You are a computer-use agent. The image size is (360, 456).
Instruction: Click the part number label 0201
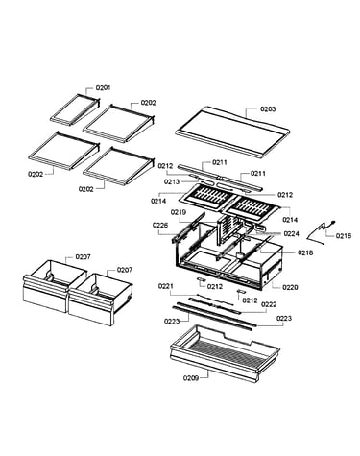(103, 87)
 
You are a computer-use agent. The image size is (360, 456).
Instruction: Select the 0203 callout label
(268, 108)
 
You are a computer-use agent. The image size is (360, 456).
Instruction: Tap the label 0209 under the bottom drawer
(191, 378)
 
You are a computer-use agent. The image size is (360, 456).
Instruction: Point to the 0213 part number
(172, 181)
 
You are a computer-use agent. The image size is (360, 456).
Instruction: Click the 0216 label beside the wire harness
(344, 236)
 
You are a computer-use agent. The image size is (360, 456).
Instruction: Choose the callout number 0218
(305, 252)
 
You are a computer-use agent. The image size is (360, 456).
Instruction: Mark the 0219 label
(179, 212)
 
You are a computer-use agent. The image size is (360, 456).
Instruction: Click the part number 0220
(290, 287)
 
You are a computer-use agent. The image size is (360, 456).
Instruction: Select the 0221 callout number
(166, 286)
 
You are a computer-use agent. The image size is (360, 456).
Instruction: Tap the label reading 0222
(269, 304)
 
